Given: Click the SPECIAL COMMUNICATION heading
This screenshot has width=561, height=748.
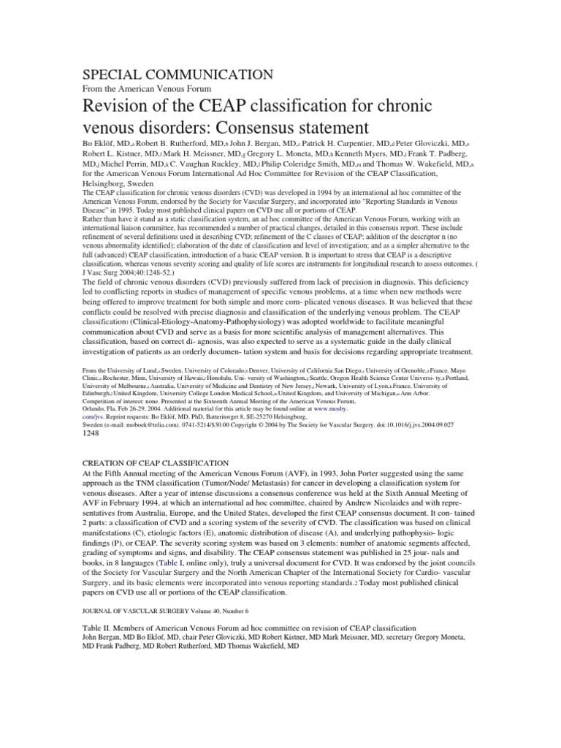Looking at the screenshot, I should pyautogui.click(x=171, y=75).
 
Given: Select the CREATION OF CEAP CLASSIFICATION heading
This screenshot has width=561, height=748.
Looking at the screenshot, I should pyautogui.click(x=149, y=464).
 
